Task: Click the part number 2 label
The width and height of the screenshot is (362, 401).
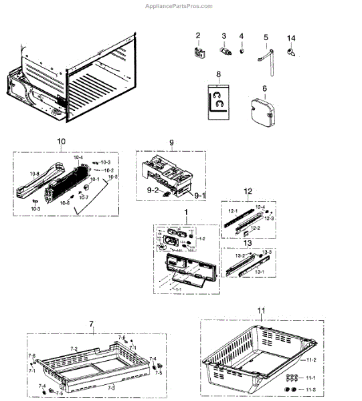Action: [198, 35]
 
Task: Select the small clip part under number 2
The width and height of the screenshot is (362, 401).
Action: [199, 51]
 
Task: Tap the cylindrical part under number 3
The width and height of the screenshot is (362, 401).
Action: [224, 51]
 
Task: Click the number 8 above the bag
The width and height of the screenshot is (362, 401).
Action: [217, 74]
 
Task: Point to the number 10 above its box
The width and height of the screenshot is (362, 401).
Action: [61, 142]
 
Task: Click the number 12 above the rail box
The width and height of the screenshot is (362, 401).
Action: [248, 191]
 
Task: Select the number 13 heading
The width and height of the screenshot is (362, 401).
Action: [248, 244]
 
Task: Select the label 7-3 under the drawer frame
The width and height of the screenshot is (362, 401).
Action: [110, 387]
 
